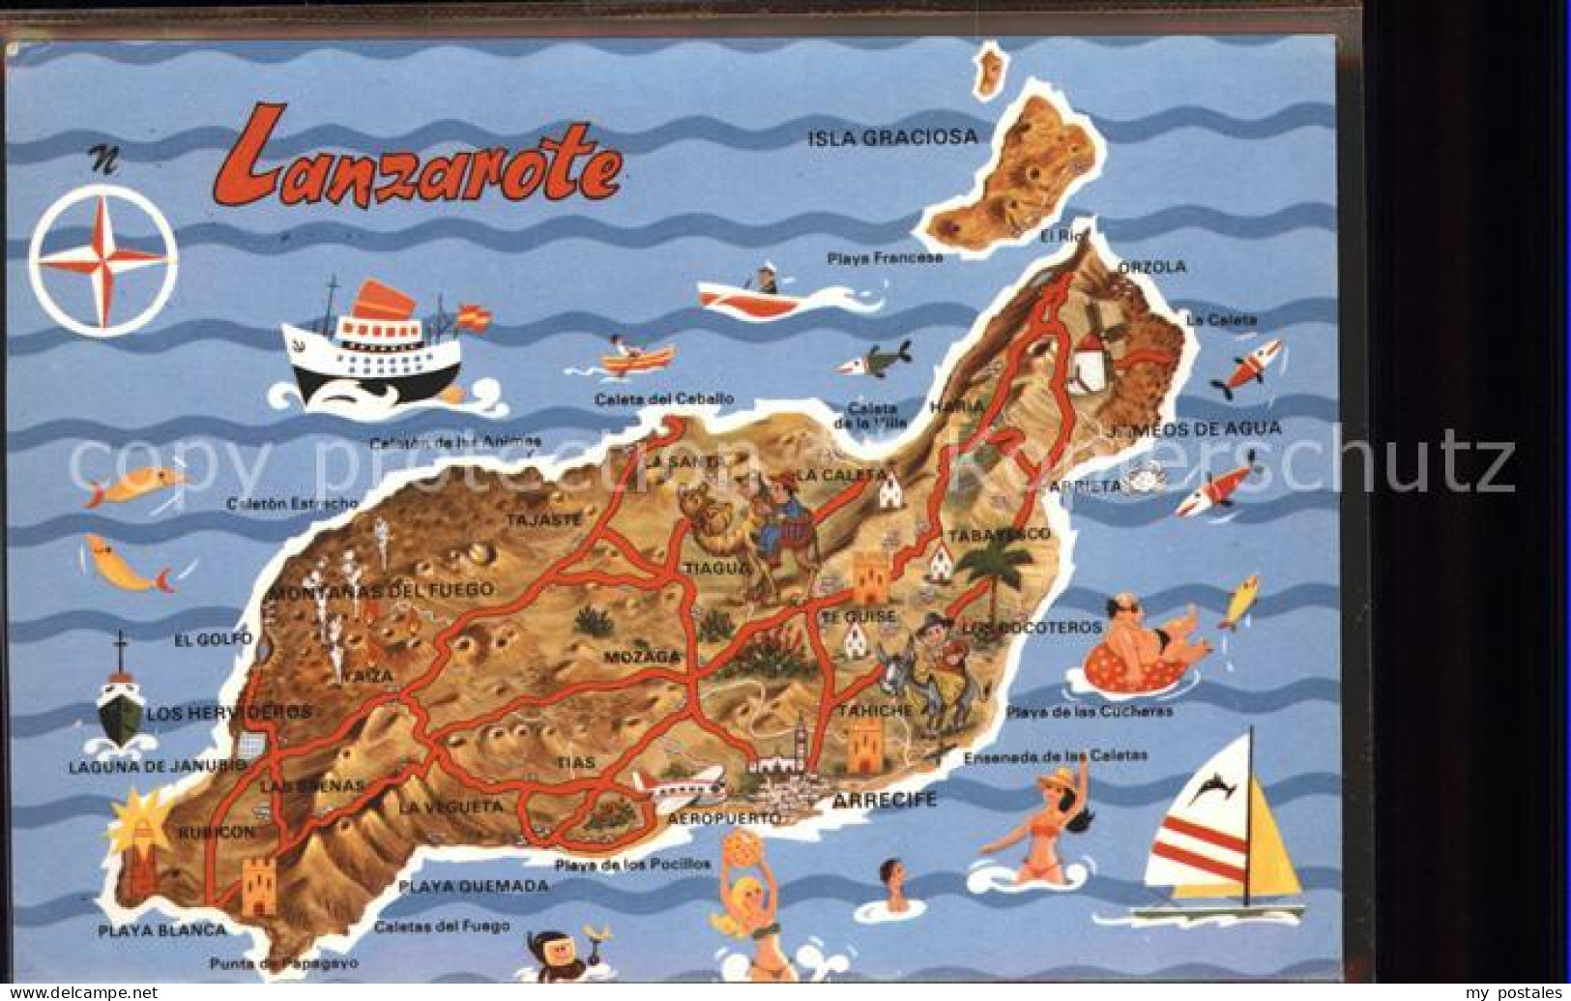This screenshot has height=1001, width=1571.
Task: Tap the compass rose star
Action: pos(102,258)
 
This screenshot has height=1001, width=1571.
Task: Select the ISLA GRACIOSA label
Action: pos(892,137)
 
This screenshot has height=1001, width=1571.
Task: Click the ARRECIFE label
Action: pos(885,800)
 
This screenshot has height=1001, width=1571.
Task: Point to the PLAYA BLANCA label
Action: pos(162,930)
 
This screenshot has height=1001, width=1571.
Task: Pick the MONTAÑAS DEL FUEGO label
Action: pos(381,590)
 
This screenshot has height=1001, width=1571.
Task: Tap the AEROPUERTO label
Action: pos(723,819)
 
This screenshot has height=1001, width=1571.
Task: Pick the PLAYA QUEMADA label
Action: pos(474,885)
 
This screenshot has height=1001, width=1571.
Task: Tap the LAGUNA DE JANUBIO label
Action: pos(158,766)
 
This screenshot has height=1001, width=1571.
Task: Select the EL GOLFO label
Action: pos(213,638)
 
